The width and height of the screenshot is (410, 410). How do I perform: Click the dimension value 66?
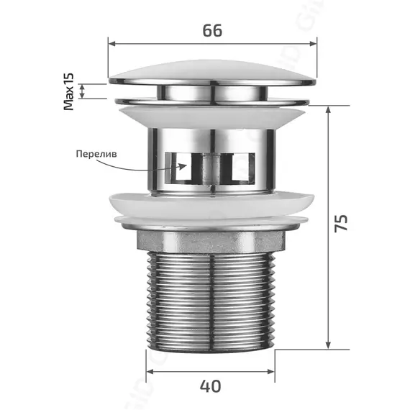pyautogui.click(x=212, y=30)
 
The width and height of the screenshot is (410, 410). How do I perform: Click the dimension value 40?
pyautogui.click(x=210, y=386)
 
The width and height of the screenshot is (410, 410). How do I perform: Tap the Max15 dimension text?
pyautogui.click(x=70, y=91)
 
